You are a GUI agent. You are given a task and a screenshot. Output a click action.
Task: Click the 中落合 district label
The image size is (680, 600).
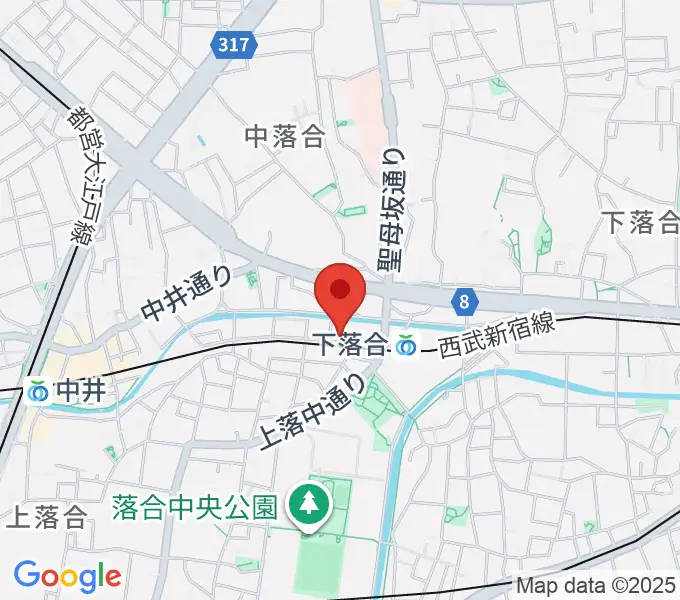pyautogui.click(x=285, y=137)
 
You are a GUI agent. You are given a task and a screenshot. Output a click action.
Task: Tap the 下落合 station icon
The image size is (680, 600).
pyautogui.click(x=406, y=346)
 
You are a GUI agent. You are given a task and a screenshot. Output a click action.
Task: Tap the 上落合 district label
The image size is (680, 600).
pyautogui.click(x=47, y=517)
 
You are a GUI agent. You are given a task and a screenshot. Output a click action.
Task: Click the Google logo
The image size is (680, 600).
pyautogui.click(x=67, y=575)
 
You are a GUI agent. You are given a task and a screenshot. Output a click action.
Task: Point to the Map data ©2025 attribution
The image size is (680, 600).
pyautogui.click(x=595, y=585)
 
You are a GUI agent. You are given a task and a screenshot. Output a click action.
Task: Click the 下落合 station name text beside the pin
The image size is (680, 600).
pyautogui.click(x=350, y=345)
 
